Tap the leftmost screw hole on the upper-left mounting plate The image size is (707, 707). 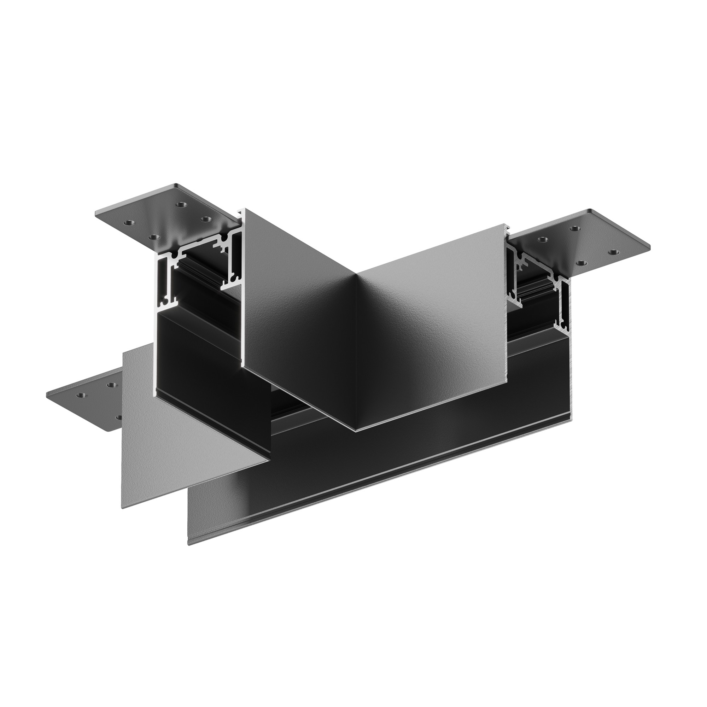tap(128, 222)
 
